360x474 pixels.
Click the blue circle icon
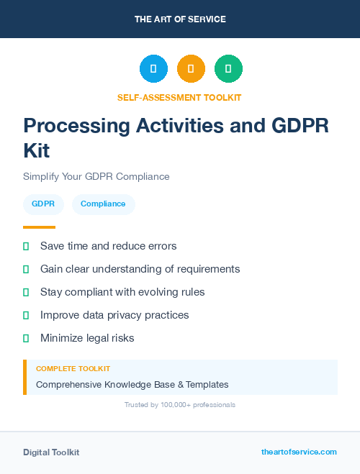point(153,68)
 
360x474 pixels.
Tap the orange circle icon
point(191,68)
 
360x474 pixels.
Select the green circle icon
point(228,68)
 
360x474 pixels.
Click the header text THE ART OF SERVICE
point(180,19)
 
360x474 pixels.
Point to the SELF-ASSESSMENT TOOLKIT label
point(179,97)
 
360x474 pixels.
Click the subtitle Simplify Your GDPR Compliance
point(96,176)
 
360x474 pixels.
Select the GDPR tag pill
point(43,204)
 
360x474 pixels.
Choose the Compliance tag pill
point(103,204)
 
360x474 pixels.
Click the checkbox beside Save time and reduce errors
point(26,246)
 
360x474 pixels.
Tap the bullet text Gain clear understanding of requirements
point(140,269)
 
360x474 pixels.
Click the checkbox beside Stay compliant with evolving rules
point(26,292)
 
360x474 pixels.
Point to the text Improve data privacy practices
point(114,315)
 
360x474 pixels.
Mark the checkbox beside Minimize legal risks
point(26,338)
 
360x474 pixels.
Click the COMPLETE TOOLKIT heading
point(73,368)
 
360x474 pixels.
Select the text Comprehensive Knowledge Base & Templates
point(132,385)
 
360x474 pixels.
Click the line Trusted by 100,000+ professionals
point(180,405)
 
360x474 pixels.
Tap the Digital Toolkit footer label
point(51,452)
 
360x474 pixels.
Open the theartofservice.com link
point(299,452)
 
